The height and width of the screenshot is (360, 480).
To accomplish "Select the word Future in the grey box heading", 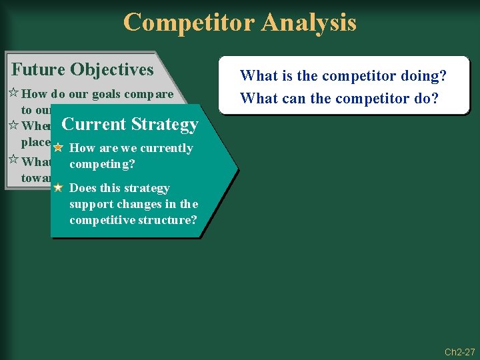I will [38, 69].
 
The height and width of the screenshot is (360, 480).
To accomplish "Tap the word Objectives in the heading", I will [111, 69].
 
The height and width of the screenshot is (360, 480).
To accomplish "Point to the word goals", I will [106, 94].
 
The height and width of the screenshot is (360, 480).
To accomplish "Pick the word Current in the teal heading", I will [94, 124].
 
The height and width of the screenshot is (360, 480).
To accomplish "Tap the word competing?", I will [102, 163].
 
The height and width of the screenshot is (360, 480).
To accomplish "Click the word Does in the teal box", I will [83, 188].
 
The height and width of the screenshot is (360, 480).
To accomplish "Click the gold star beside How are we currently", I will [58, 148].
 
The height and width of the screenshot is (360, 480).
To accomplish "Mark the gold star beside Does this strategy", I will [58, 188].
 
